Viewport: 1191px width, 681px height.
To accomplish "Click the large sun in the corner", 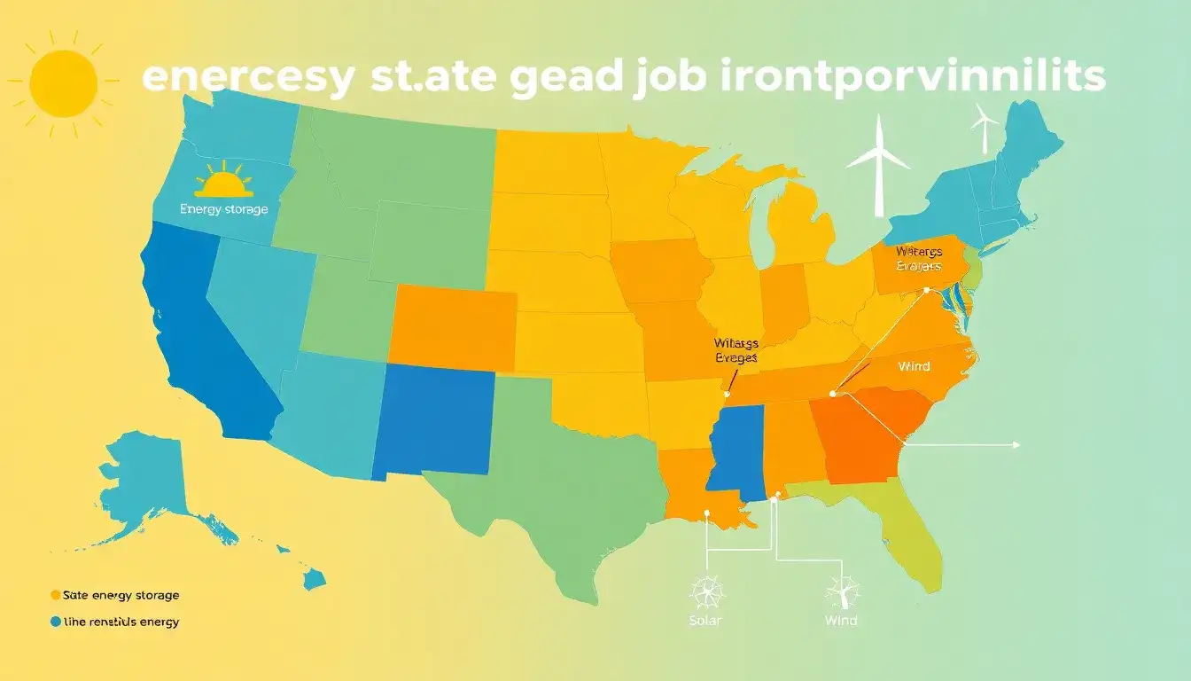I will tap(62, 83).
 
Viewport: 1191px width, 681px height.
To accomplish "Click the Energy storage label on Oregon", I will tap(223, 209).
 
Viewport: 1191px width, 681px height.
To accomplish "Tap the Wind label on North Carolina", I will tap(914, 365).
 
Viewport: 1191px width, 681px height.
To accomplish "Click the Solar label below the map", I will tap(705, 620).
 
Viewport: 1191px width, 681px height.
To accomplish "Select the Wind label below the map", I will tap(840, 620).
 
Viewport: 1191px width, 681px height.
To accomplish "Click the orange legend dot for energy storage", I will tap(56, 595).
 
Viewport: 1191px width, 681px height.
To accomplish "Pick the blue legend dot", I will tap(56, 622).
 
